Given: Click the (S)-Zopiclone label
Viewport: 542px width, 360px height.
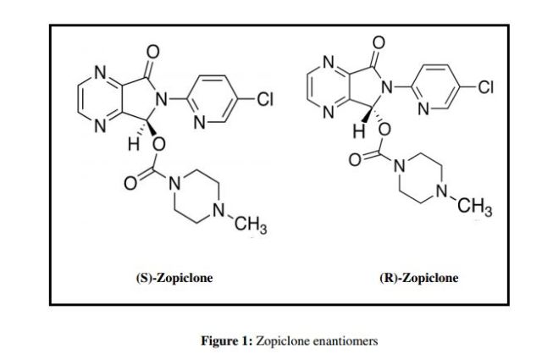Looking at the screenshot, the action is point(174,278).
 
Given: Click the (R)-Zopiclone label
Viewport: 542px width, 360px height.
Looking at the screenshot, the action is point(419,278).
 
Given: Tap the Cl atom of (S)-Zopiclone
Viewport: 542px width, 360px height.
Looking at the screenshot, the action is point(265,99).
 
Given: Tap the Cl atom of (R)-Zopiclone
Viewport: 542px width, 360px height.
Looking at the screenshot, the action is point(485,87).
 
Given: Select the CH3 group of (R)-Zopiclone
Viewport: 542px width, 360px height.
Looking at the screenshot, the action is point(475,208).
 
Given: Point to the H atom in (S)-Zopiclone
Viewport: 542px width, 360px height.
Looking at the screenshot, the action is point(134,145).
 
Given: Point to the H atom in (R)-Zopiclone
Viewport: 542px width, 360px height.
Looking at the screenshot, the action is point(359,131).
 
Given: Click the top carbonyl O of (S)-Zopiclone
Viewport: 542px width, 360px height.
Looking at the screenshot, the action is point(153,52).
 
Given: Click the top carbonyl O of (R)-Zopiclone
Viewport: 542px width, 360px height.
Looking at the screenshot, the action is point(379,42).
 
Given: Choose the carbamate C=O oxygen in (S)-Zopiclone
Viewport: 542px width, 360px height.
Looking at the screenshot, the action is point(130,183).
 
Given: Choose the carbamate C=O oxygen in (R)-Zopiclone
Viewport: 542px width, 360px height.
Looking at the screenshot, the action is point(355,160).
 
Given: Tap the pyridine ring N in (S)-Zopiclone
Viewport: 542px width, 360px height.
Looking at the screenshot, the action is point(200,122).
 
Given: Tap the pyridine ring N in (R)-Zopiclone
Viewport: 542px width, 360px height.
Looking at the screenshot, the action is point(423,109).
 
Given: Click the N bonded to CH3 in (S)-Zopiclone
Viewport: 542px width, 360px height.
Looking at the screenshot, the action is point(218,210).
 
